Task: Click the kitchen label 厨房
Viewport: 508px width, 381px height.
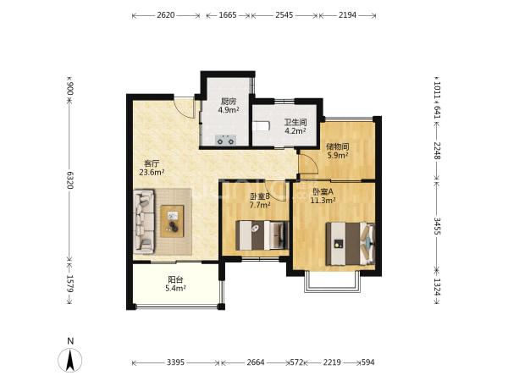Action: click(229, 102)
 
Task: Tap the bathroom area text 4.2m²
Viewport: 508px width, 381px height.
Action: click(295, 131)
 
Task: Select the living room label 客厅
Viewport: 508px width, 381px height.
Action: click(152, 163)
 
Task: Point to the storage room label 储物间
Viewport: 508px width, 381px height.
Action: click(337, 147)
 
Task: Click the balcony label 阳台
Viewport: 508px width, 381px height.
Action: click(175, 279)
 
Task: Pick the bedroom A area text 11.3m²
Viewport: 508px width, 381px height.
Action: click(323, 201)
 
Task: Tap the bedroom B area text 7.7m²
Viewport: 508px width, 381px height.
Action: click(260, 205)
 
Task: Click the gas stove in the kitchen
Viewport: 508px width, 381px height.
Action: click(225, 141)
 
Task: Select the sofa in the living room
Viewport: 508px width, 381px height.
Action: click(144, 222)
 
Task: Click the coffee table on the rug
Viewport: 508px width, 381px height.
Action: click(172, 221)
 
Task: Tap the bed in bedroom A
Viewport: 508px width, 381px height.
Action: click(351, 244)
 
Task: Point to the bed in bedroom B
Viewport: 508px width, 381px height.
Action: click(262, 235)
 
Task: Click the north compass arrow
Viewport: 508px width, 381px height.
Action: click(70, 360)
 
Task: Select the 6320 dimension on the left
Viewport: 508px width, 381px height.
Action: click(70, 180)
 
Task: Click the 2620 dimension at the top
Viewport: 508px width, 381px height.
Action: click(166, 15)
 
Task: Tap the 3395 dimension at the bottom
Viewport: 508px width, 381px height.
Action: click(175, 362)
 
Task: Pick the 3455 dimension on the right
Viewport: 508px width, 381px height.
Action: click(437, 226)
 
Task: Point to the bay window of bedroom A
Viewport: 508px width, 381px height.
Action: click(332, 282)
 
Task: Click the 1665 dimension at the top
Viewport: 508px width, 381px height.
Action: click(228, 15)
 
